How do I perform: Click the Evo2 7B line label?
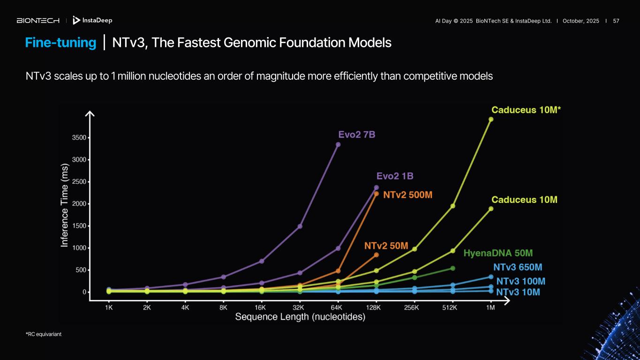pos(357,135)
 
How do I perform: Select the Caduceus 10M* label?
pos(526,110)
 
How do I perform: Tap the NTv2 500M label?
pos(407,195)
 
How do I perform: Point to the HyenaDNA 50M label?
pos(498,253)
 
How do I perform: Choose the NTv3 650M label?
pos(518,267)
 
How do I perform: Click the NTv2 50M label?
pos(386,246)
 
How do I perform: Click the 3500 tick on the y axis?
pos(78,138)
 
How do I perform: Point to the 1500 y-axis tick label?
pos(78,226)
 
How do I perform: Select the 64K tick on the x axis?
pos(336,307)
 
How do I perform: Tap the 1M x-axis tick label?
pos(490,307)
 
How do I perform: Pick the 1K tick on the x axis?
pos(109,307)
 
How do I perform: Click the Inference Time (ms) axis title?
pos(65,205)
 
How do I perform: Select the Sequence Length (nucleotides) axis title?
pos(300,317)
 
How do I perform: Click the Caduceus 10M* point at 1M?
pos(491,119)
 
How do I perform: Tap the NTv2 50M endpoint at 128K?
pos(376,255)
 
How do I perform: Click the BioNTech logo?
pos(38,21)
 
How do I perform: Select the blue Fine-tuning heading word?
pos(60,43)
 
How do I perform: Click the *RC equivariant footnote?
pos(44,334)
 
